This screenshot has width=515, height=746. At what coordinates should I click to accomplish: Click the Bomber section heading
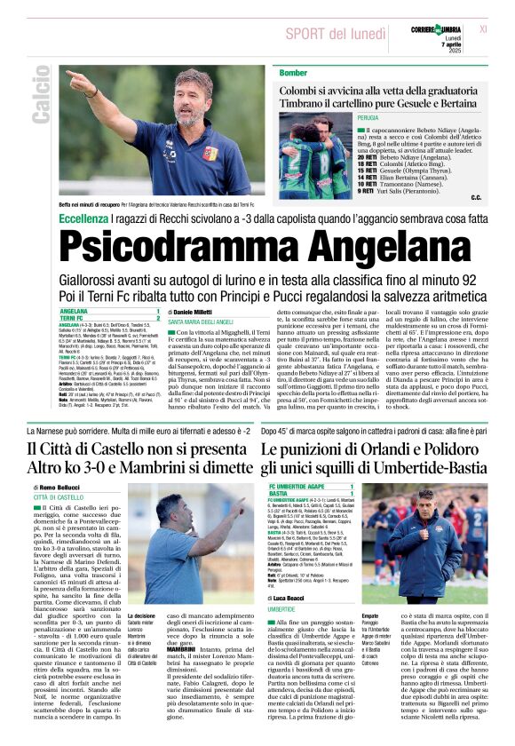point(293,72)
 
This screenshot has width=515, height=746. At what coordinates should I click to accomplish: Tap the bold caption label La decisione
point(145,615)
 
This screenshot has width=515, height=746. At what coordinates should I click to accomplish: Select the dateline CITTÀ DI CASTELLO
point(59,498)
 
